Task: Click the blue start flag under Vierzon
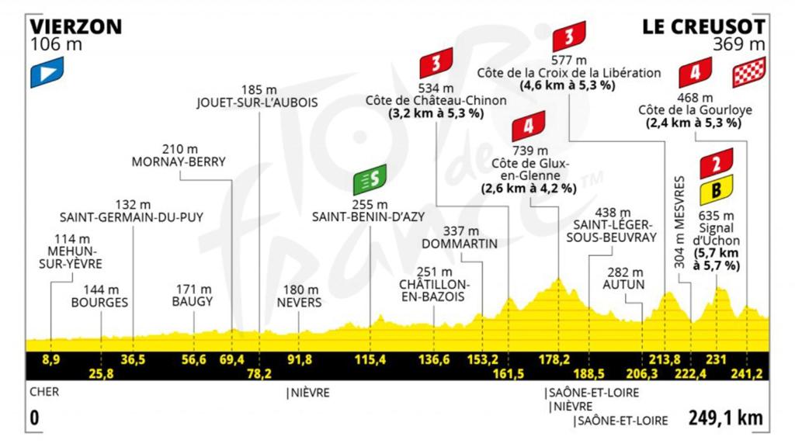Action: click(x=46, y=74)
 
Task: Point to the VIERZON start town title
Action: click(x=75, y=26)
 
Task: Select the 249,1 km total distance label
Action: click(x=724, y=418)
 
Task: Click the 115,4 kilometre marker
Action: click(x=370, y=359)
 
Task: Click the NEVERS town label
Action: click(x=299, y=302)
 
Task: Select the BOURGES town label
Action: click(x=99, y=302)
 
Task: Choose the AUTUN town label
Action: click(x=628, y=285)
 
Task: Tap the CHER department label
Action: click(x=45, y=393)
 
